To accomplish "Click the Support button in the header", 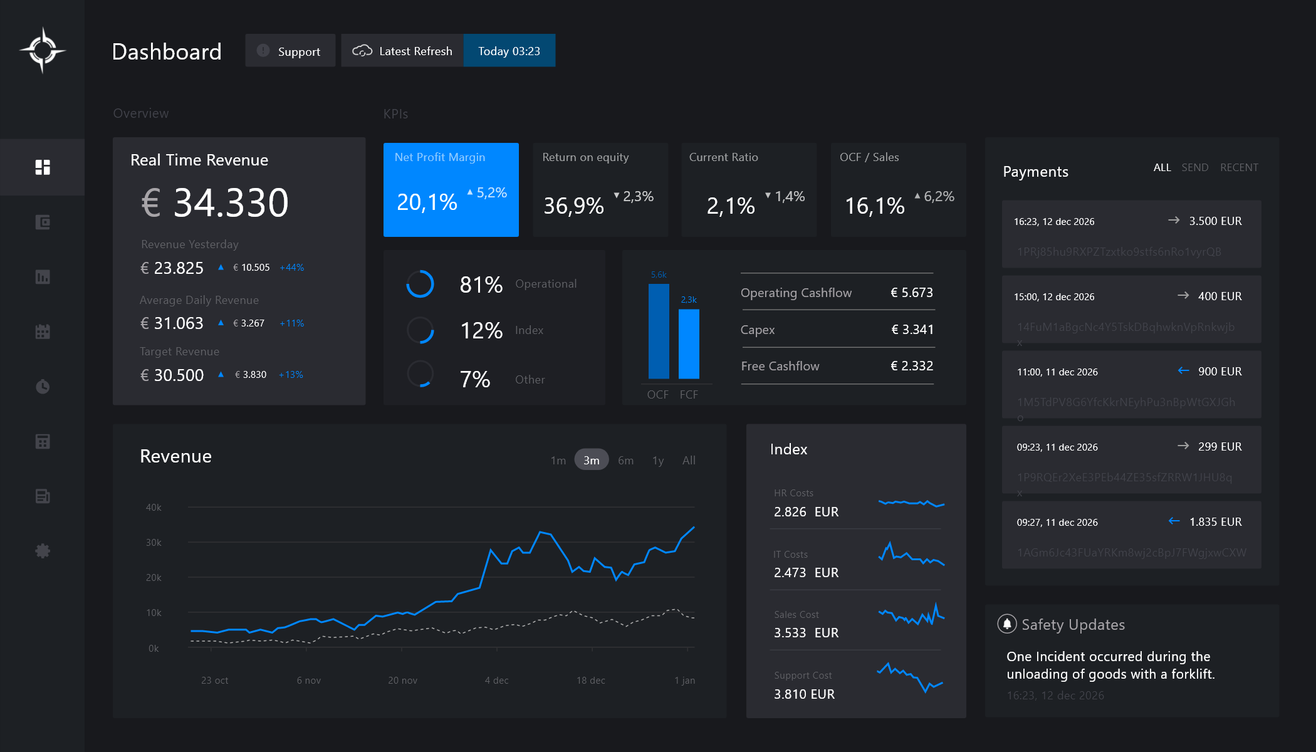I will (290, 51).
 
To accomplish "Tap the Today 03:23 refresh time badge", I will (509, 51).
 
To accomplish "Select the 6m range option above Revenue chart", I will (625, 460).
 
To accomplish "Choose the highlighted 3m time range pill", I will (591, 460).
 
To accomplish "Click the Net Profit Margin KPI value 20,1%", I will (427, 202).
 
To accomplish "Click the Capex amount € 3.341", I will (912, 330).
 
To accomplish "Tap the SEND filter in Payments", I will (1194, 167).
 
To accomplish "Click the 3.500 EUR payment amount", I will (1215, 221).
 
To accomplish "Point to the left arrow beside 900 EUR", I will (1183, 371).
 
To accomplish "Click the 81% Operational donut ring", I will (420, 284).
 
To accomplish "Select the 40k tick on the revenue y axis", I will (154, 507).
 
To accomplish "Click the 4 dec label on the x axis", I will (496, 680).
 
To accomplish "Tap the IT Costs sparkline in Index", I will (911, 555).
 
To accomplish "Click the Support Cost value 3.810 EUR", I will (804, 694).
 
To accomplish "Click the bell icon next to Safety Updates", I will (1006, 624).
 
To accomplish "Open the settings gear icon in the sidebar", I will (43, 551).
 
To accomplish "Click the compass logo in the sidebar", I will (43, 50).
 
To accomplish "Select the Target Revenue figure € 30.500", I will (172, 375).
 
